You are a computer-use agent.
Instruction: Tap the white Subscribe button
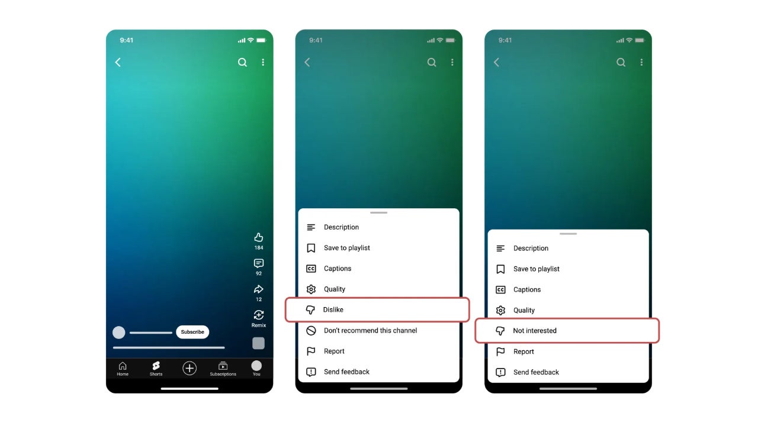[192, 332]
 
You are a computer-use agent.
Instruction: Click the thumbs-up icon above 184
[259, 237]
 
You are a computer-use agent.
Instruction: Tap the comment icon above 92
[259, 263]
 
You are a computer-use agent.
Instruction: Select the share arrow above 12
[259, 289]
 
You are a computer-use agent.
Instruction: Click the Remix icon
[259, 315]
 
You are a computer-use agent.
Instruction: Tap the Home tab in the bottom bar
[123, 368]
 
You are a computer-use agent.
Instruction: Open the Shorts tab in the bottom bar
[156, 368]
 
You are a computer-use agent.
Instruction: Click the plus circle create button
[189, 368]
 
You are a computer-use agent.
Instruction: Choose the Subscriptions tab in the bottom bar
[223, 368]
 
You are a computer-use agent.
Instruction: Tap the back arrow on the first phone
[118, 62]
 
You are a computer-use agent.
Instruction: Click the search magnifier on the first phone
[242, 62]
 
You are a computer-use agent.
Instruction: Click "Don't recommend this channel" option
[370, 330]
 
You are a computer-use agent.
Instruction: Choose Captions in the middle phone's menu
[338, 269]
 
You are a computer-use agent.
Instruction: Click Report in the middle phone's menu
[334, 351]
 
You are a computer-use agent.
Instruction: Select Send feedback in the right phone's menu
[536, 372]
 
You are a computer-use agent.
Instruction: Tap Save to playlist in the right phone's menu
[536, 269]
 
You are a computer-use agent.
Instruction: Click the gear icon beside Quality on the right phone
[500, 310]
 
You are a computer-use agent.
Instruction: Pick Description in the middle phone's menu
[341, 227]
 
